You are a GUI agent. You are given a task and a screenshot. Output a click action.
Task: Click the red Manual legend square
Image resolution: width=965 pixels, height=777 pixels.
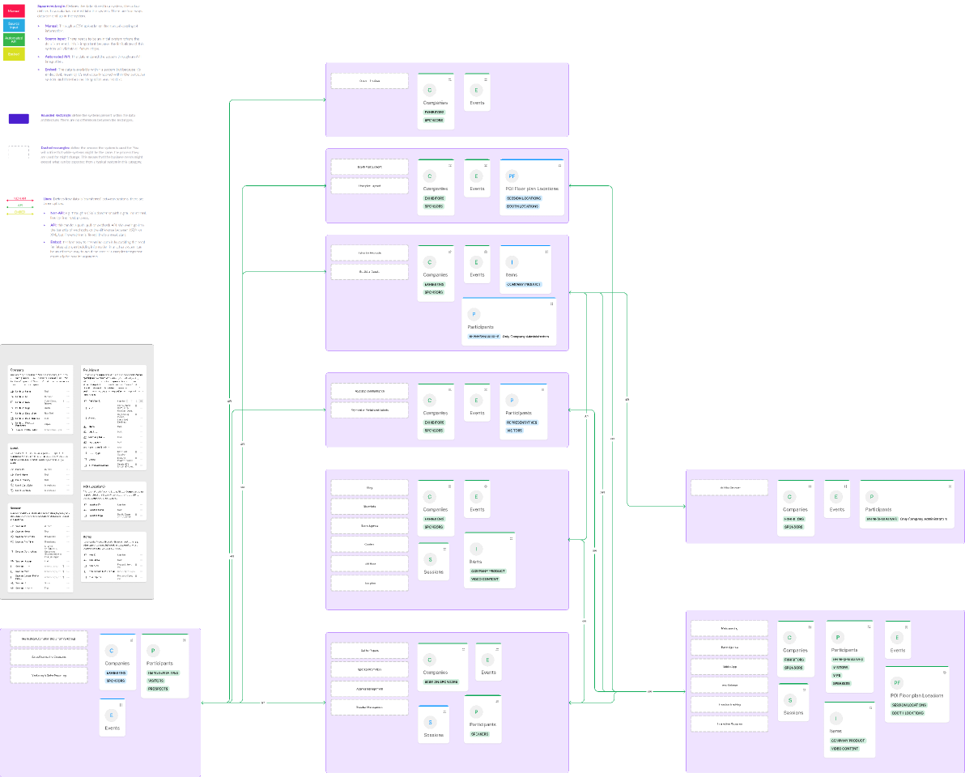pos(14,11)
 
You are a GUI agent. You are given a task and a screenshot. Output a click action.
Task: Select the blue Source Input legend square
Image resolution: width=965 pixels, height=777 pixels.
pos(14,25)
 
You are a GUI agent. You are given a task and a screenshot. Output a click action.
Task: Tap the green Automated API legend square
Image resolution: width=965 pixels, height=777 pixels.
pos(14,39)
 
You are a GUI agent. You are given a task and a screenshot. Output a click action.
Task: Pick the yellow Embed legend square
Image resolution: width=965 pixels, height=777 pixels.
pos(14,53)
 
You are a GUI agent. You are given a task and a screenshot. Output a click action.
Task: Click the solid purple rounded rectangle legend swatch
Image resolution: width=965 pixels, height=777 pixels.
pos(19,118)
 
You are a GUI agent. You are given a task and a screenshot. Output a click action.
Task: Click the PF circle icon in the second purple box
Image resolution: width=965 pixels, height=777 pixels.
pos(512,176)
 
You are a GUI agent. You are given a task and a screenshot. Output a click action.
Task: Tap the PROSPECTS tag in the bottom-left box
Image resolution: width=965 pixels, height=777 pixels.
pos(157,689)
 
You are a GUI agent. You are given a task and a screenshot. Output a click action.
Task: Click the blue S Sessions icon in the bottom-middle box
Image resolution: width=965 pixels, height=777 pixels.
pos(431,722)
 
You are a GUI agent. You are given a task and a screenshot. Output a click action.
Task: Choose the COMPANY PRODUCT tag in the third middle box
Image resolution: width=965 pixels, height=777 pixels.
pos(523,284)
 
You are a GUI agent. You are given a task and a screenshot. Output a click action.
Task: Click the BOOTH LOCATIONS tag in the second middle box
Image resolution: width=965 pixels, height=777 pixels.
pos(522,206)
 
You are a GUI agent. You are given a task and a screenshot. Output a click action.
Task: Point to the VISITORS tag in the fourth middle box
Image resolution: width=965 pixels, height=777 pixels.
pos(514,431)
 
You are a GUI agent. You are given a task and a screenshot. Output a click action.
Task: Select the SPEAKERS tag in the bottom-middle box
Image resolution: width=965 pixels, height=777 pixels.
pos(479,734)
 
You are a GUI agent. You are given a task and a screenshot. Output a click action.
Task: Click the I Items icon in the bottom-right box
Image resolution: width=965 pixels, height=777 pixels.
pos(836,718)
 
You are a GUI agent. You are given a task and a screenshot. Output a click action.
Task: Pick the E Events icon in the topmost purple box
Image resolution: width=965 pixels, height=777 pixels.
pos(476,90)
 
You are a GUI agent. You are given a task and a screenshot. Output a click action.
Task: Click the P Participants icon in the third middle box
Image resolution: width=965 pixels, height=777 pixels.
pos(474,314)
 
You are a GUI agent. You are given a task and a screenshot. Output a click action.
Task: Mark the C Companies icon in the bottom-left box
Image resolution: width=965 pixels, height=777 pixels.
pos(112,650)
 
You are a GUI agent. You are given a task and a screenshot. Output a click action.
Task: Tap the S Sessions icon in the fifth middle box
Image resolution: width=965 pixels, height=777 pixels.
pos(430,559)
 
